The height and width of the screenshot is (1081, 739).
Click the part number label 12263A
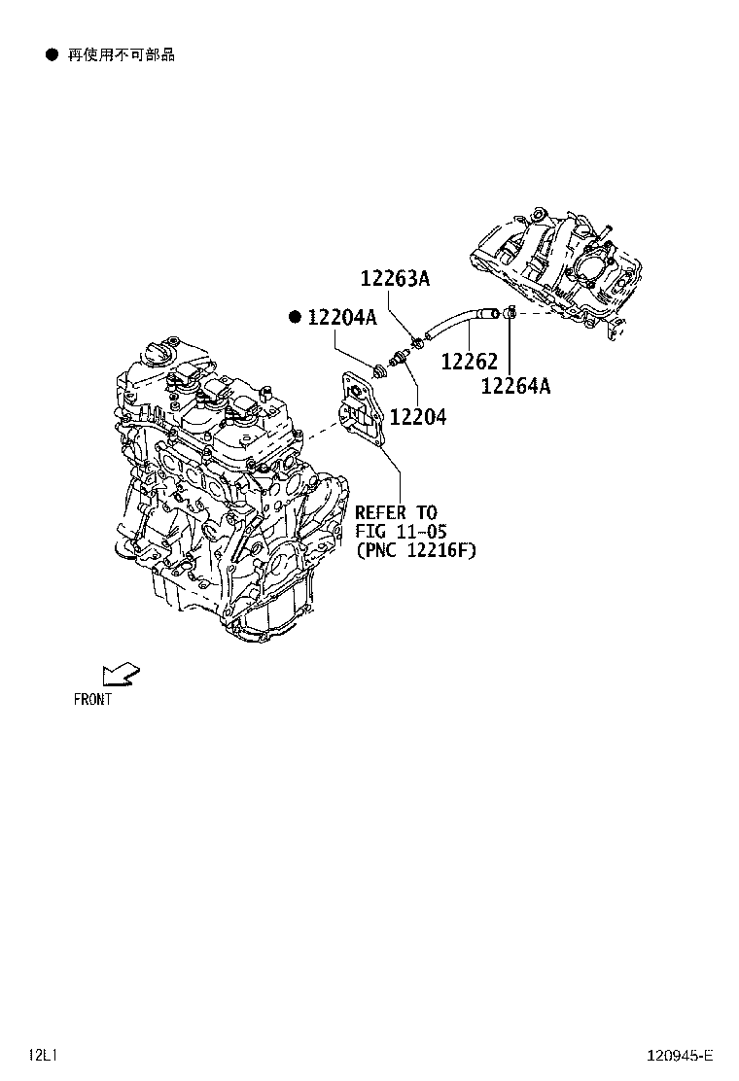395,279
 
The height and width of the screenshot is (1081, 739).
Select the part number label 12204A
341,317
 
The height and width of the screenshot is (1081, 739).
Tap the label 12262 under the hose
469,362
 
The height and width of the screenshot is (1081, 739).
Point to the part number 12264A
515,386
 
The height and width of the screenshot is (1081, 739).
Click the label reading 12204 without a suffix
418,417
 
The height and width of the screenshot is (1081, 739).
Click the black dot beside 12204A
295,317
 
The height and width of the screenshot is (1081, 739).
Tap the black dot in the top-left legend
53,55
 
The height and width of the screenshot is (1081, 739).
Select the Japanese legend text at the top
121,55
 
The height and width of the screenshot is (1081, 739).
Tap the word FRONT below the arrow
92,699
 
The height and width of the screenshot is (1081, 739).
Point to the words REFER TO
396,512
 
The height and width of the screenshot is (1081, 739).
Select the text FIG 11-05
400,531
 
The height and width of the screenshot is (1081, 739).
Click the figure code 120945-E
681,1056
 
